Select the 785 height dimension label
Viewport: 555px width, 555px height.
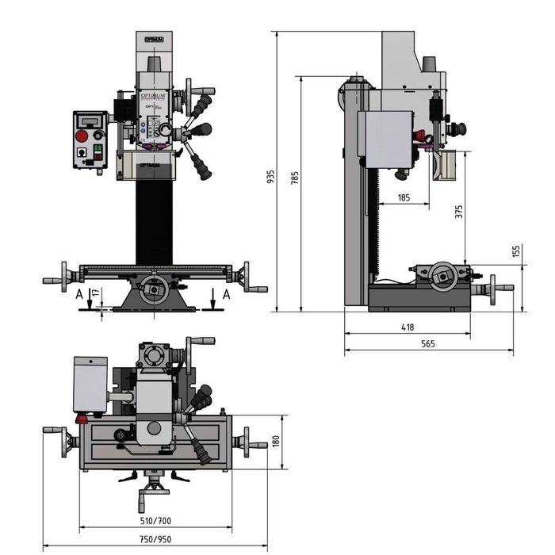point(295,178)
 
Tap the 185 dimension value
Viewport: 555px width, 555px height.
point(403,197)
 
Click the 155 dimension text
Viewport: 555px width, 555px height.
point(516,251)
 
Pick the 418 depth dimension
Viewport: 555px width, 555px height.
point(408,327)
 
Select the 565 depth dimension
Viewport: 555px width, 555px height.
point(428,344)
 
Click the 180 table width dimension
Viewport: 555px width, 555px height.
point(276,442)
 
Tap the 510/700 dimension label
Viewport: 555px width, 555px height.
point(155,521)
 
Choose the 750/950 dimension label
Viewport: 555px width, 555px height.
point(155,539)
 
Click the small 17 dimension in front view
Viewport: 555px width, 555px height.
point(96,293)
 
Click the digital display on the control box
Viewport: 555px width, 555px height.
point(90,121)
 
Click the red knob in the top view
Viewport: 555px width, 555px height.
point(80,418)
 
